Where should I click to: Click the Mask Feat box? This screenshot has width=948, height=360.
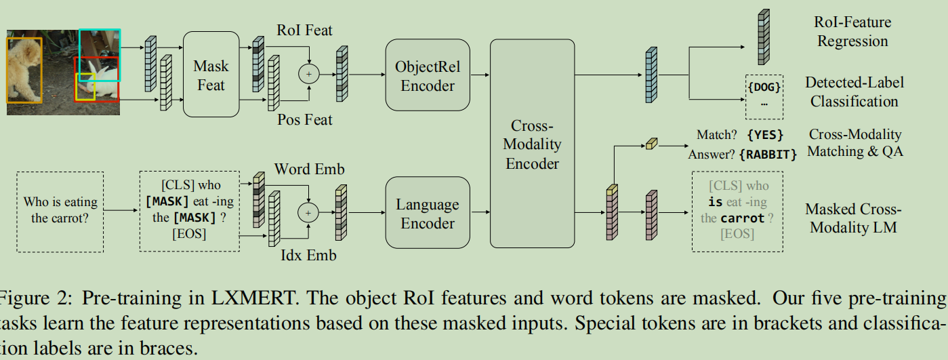(x=211, y=75)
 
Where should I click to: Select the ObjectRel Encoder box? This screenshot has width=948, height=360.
(x=428, y=76)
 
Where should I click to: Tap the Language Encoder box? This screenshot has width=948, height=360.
(x=428, y=214)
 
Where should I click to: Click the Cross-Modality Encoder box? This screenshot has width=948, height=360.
(x=532, y=144)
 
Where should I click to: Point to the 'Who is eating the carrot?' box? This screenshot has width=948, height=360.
(x=60, y=210)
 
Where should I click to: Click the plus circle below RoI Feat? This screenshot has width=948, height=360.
(x=309, y=74)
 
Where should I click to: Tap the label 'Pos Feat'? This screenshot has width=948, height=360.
(x=305, y=121)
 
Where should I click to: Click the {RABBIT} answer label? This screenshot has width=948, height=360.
(x=768, y=155)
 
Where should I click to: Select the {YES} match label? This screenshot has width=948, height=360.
(x=765, y=135)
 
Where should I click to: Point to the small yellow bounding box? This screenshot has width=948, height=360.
(x=85, y=89)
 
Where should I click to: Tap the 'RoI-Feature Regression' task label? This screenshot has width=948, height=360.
(x=852, y=32)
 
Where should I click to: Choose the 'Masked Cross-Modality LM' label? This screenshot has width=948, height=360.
(x=852, y=218)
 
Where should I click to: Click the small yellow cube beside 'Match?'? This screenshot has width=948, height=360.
(x=651, y=144)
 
